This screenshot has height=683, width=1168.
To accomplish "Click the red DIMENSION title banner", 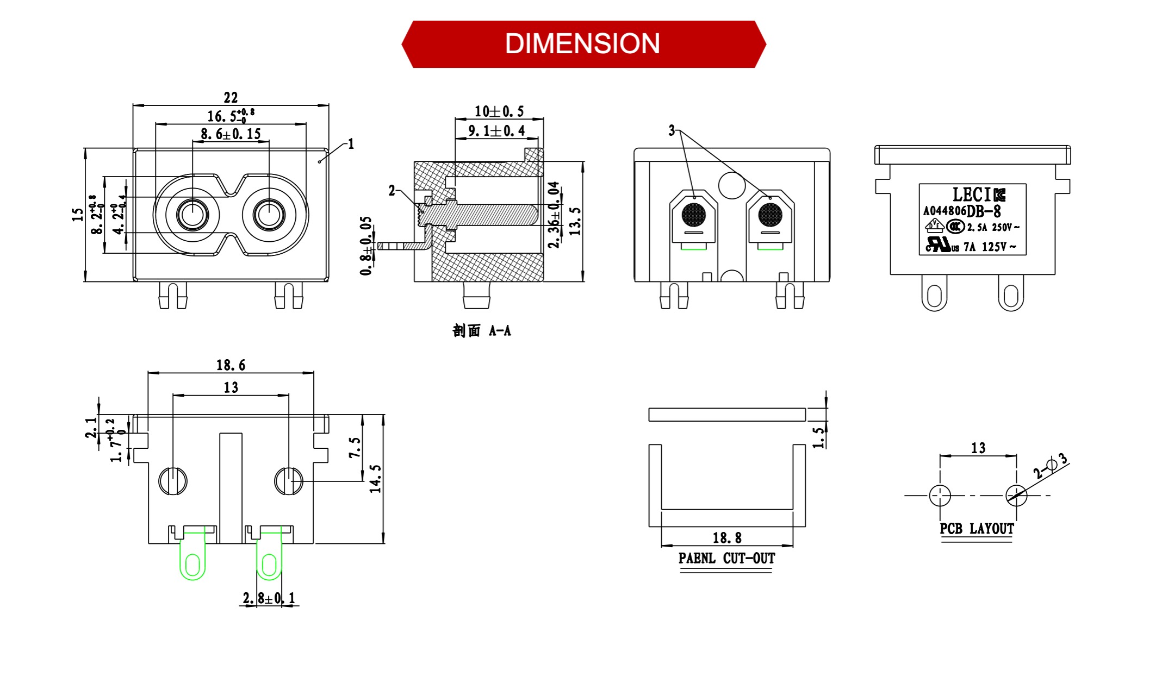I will coord(583,44).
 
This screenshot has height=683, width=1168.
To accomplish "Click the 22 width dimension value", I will coord(231,98).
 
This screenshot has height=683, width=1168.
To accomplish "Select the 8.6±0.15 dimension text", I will coord(231,134).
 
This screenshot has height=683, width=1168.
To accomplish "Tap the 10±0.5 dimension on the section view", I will coord(499,112).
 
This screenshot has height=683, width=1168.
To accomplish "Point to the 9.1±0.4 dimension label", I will coord(496,131).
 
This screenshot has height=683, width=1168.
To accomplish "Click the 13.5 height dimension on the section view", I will coord(575,221).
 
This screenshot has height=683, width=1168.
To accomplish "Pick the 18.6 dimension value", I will coord(231,365).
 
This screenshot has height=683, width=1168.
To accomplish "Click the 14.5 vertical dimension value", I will coord(376,479).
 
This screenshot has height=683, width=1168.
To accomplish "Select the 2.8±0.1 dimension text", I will coord(269,598).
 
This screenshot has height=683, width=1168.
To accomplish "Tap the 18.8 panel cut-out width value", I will coord(727,538).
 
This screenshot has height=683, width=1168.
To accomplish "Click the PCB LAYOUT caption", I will coord(977,529).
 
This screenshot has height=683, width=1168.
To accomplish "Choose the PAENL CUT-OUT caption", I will coord(726,559).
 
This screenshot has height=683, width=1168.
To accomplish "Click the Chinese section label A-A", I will coord(482,331).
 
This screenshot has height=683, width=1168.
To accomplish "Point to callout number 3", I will coord(672,130).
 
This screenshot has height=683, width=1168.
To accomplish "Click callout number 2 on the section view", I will coord(392,191).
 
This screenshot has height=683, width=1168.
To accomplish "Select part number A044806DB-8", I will coord(961,211).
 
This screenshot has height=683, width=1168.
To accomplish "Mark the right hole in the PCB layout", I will coord(1016,496).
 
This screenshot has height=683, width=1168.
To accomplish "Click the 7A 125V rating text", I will coord(989,247).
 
